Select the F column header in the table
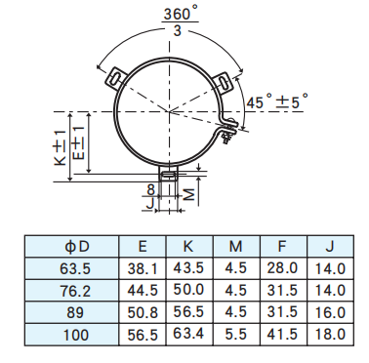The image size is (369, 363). (x=282, y=246)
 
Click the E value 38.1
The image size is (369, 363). (x=142, y=268)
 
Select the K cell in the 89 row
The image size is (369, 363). (x=189, y=312)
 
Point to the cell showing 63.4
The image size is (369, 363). (x=189, y=334)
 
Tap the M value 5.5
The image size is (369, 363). (x=234, y=334)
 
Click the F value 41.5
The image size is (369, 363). (x=282, y=334)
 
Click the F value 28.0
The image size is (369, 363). (x=282, y=268)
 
